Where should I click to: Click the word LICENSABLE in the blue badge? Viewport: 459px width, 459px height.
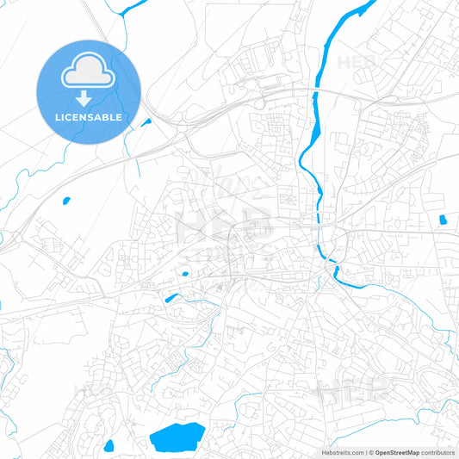tap(89, 117)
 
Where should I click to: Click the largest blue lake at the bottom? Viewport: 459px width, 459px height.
tap(177, 437)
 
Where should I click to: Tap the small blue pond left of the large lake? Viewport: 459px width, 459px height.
tap(109, 446)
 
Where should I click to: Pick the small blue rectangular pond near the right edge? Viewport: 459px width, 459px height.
tap(443, 220)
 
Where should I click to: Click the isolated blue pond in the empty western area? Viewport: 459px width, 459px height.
tap(65, 202)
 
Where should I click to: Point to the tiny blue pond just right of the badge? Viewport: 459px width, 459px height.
tap(146, 121)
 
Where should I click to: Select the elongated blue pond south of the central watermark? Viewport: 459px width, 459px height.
tap(171, 299)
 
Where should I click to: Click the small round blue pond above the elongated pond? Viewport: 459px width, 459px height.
tap(184, 275)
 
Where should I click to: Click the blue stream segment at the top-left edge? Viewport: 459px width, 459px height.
tap(133, 9)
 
